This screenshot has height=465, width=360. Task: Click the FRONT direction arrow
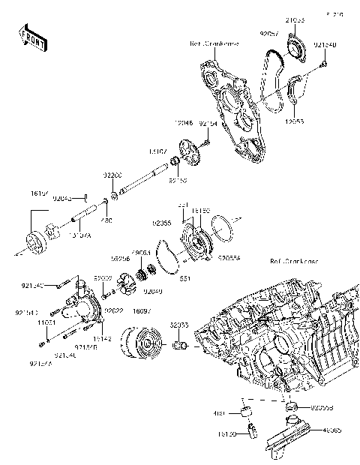[x=31, y=37]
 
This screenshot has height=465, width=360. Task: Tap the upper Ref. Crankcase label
[x=214, y=44]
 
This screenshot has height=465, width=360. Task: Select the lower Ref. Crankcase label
[x=294, y=262]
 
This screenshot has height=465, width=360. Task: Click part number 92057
[x=269, y=34]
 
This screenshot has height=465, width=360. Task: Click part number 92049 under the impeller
[x=153, y=291]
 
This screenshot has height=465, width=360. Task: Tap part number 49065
[x=331, y=430]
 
